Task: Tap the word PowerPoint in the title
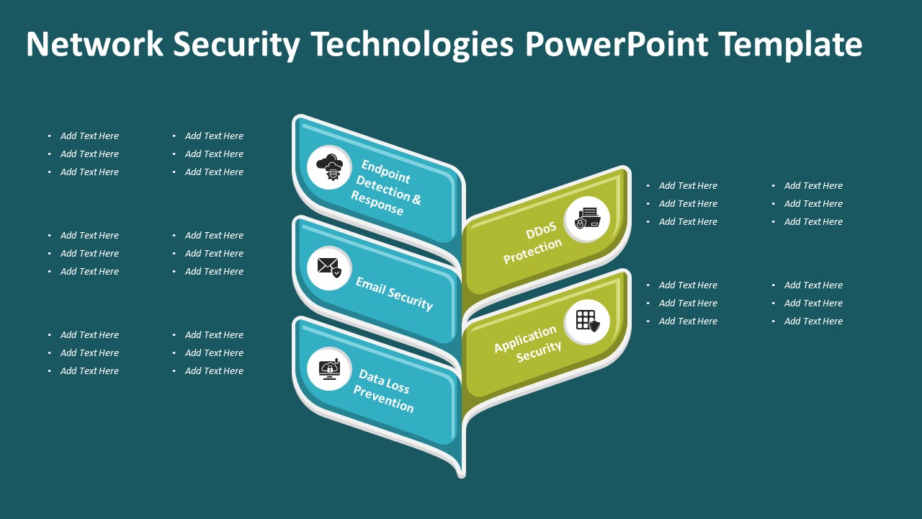[x=617, y=44]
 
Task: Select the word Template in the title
[x=790, y=44]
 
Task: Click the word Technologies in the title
[x=413, y=44]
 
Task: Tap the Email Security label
[x=394, y=293]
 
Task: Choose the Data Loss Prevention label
[x=384, y=391]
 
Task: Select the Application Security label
[x=527, y=343]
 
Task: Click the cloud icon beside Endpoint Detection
[x=329, y=167]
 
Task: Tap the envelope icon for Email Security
[x=329, y=267]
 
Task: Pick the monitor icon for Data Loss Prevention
[x=329, y=368]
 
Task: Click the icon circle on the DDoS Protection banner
[x=587, y=218]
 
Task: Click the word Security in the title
[x=236, y=44]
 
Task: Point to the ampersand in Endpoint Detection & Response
[x=416, y=199]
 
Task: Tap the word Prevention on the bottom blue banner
[x=383, y=400]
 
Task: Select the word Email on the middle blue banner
[x=372, y=285]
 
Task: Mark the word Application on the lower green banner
[x=525, y=339]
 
